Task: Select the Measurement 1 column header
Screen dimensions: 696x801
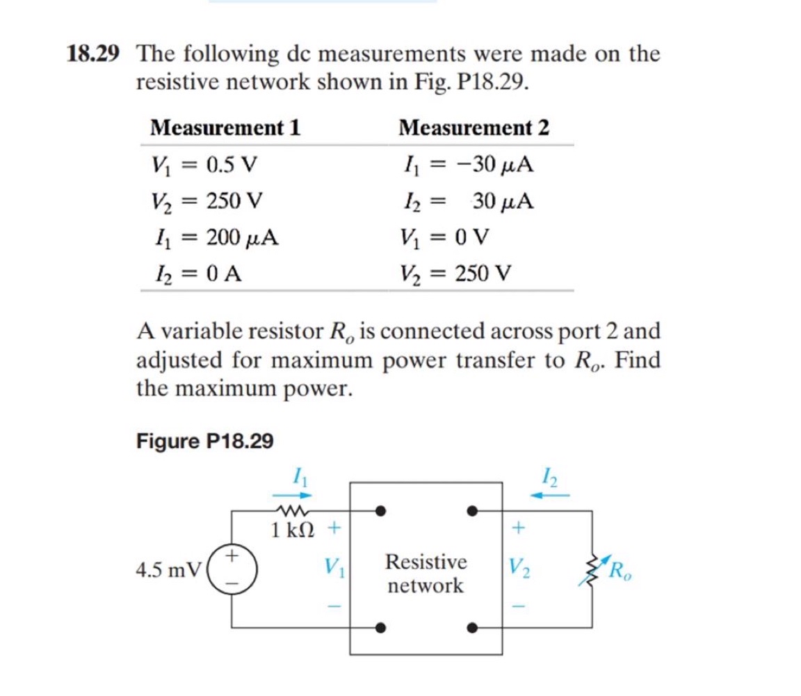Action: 225,128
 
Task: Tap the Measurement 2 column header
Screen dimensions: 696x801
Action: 474,128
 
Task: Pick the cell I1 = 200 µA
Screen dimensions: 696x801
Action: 215,237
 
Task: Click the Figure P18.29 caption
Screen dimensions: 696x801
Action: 205,441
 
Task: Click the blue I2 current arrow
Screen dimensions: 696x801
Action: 549,495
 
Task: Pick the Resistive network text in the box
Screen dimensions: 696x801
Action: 426,574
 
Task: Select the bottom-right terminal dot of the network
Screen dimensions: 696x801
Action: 472,627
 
